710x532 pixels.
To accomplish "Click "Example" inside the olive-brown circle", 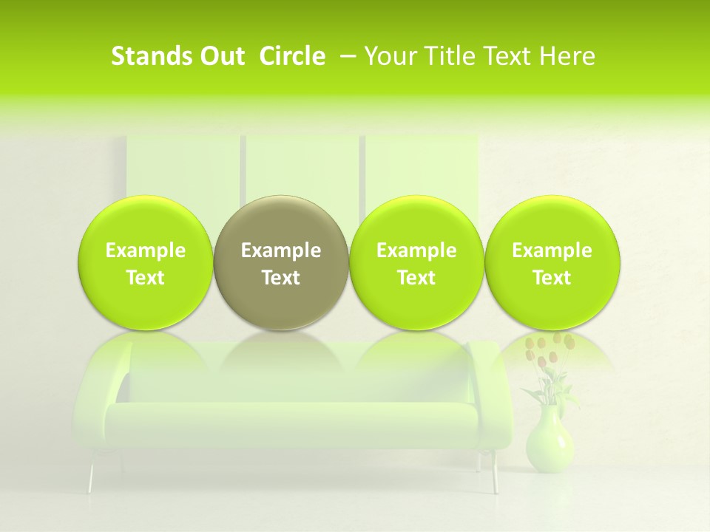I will click(281, 250).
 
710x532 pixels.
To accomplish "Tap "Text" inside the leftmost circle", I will click(146, 278).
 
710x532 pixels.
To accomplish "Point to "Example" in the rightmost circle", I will click(552, 250).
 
